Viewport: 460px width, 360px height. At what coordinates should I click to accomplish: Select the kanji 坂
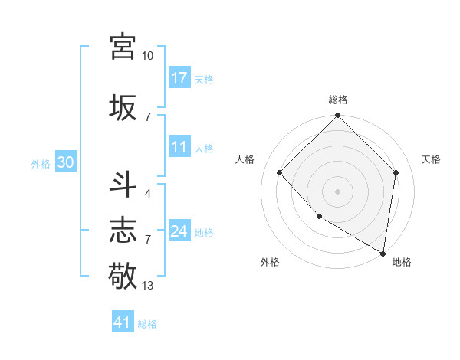coord(123,107)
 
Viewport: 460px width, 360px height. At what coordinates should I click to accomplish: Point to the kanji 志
coord(123,230)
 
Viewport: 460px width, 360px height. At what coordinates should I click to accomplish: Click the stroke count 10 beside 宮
coord(147,56)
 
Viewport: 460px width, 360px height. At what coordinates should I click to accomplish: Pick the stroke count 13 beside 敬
coord(147,286)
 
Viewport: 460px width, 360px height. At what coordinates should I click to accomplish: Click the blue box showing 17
coord(179,77)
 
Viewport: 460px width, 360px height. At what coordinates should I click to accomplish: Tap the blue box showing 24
coord(179,231)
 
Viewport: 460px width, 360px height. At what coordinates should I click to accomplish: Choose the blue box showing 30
coord(65,162)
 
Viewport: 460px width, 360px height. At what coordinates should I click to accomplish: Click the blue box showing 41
coord(123,322)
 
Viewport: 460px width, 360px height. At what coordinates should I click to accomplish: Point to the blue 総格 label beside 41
coord(147,324)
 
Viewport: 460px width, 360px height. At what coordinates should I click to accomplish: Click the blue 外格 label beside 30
coord(41,163)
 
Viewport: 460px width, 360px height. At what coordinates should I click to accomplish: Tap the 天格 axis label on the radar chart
coord(431,159)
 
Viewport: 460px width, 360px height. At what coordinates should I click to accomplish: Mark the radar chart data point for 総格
coord(337,116)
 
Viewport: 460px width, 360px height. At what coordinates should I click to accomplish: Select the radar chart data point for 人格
coord(280,172)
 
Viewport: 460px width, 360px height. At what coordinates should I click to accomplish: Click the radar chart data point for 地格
coord(383,253)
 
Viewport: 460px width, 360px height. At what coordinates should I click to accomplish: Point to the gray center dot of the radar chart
coord(337,191)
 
